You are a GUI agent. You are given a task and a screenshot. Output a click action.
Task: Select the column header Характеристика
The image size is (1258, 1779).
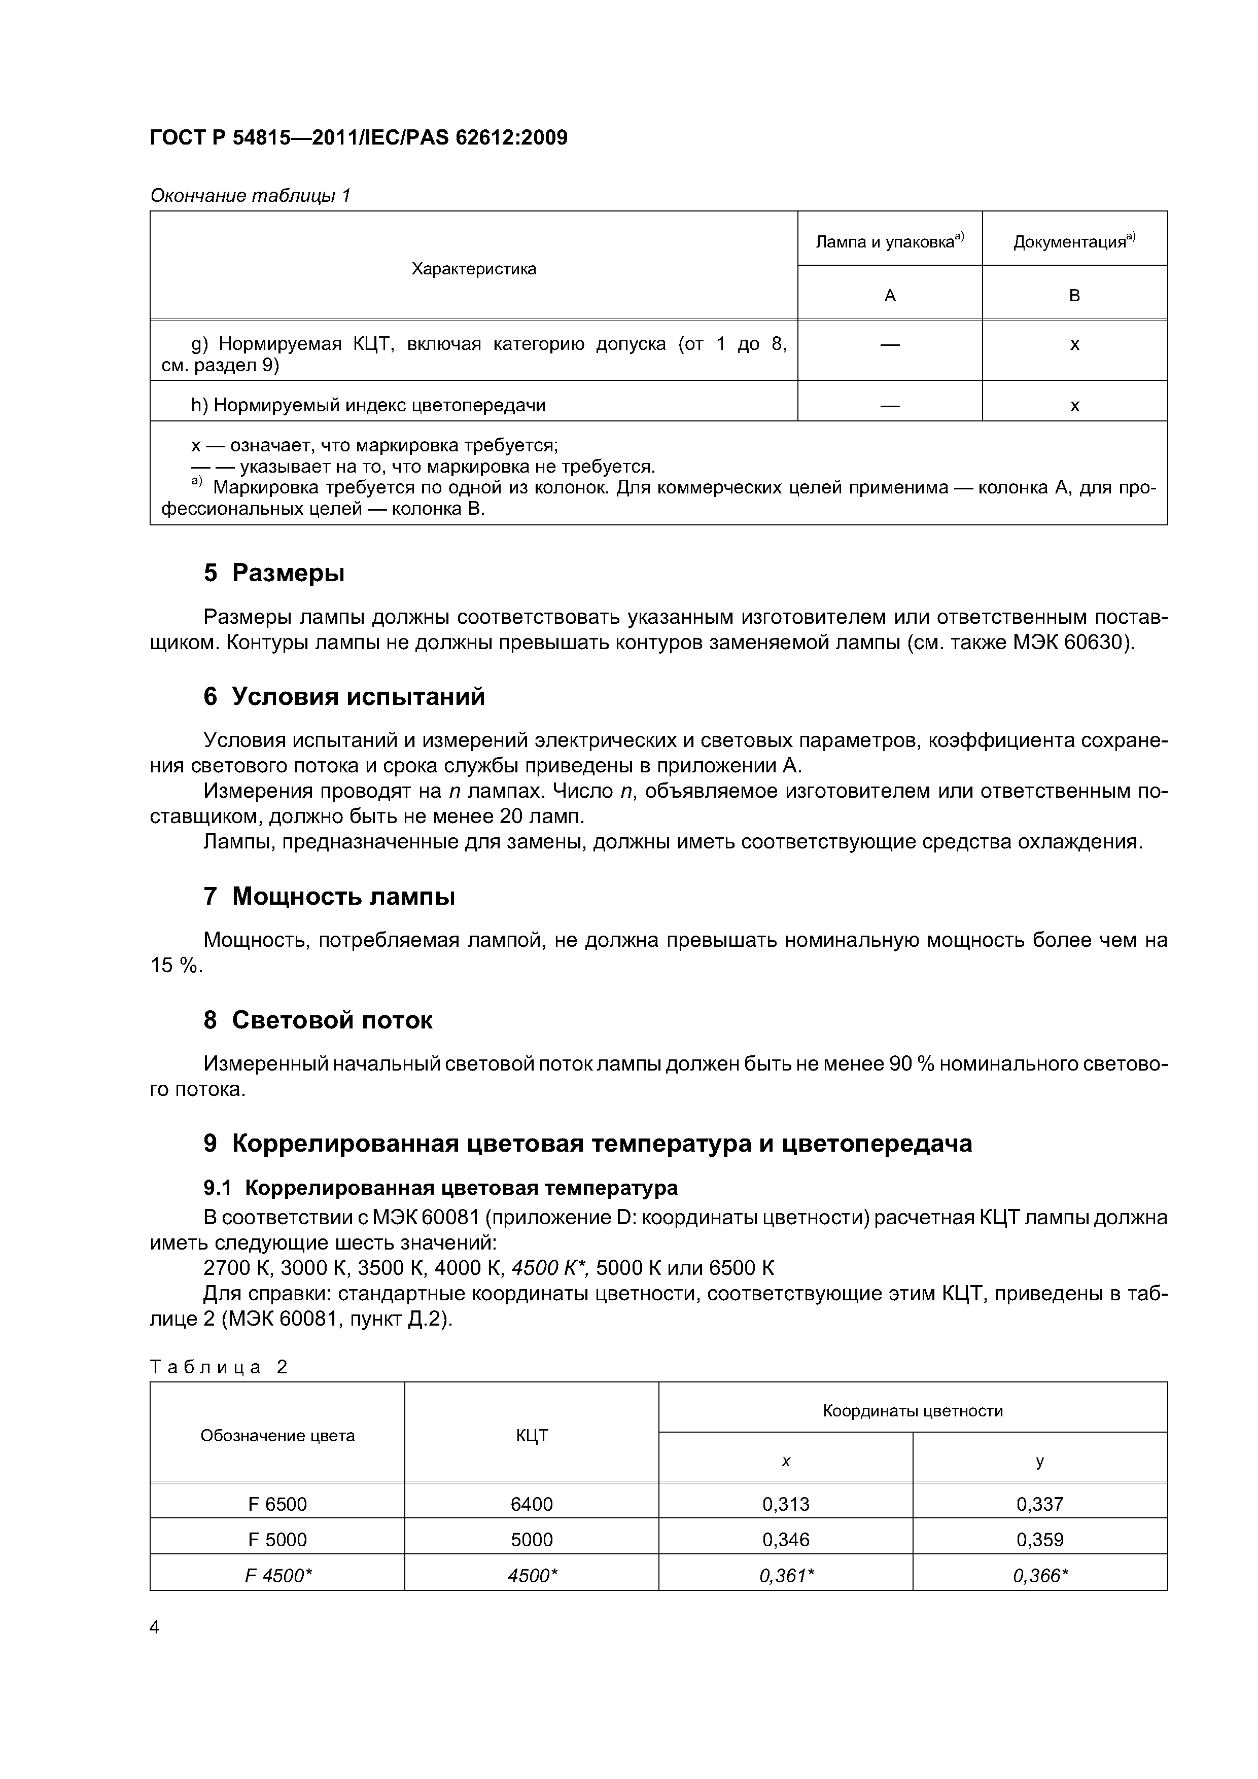(474, 269)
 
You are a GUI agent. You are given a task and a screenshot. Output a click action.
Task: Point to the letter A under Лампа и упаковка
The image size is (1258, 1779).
(890, 295)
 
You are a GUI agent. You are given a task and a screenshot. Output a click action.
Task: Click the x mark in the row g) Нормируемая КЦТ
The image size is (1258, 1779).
(1074, 344)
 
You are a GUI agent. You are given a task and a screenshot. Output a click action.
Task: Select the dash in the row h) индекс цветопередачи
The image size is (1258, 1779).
(890, 405)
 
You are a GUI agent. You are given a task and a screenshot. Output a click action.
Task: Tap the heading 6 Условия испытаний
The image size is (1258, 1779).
(343, 696)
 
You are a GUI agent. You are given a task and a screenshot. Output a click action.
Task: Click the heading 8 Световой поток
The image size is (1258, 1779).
(318, 1020)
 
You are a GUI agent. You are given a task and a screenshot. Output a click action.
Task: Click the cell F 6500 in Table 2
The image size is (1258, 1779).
(277, 1504)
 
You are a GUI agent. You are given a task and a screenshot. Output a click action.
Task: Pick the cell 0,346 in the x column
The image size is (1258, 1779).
(785, 1540)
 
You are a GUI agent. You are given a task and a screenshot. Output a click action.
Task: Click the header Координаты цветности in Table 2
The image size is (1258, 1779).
(912, 1410)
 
